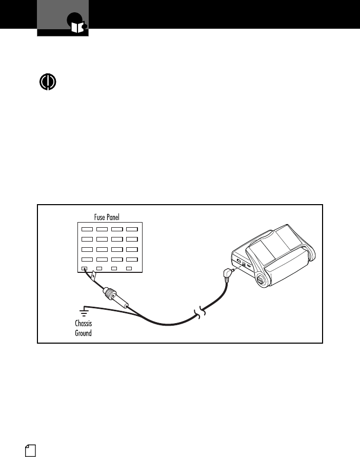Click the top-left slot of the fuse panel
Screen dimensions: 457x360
[x=87, y=229]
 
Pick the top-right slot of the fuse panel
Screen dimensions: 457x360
[x=132, y=229]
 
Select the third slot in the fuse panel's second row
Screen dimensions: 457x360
[x=117, y=239]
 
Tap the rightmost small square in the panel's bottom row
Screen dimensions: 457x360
[x=129, y=268]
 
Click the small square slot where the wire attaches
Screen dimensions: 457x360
[x=85, y=268]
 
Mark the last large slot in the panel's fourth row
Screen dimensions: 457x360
[x=132, y=259]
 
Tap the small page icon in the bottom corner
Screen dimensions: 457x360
[x=30, y=450]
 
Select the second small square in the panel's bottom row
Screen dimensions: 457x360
[x=99, y=268]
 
